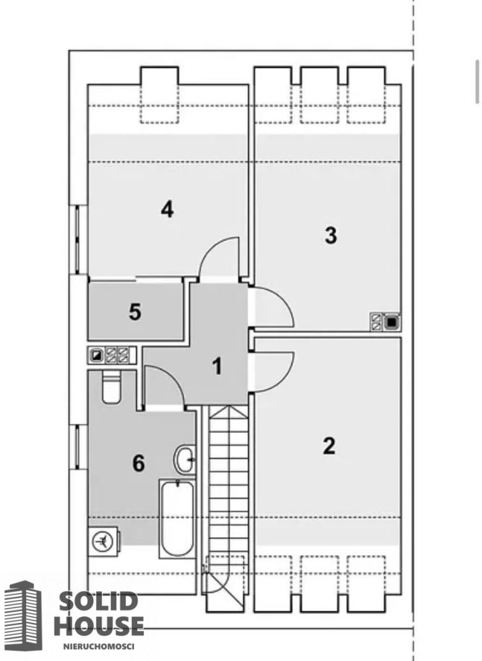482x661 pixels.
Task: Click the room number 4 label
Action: [x=168, y=209]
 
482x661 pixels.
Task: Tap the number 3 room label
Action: [x=331, y=235]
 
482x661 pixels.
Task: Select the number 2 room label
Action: [x=329, y=446]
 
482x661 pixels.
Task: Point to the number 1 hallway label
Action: [x=217, y=366]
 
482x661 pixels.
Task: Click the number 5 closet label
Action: [x=135, y=312]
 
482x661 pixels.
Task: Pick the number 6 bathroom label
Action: [x=139, y=464]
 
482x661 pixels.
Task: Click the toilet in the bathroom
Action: [x=112, y=387]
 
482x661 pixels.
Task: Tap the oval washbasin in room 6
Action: [x=185, y=459]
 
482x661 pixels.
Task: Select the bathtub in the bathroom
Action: [x=177, y=518]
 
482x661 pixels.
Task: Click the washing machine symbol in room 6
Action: [x=104, y=540]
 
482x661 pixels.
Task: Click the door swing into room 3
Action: [x=271, y=307]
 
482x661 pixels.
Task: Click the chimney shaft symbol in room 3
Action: [x=385, y=322]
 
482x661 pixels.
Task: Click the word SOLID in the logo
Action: [x=98, y=601]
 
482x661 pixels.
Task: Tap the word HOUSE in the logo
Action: [x=99, y=625]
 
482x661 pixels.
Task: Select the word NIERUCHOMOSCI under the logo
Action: [x=98, y=645]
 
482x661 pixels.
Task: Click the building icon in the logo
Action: [x=24, y=616]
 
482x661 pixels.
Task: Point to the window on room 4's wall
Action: [x=78, y=239]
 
